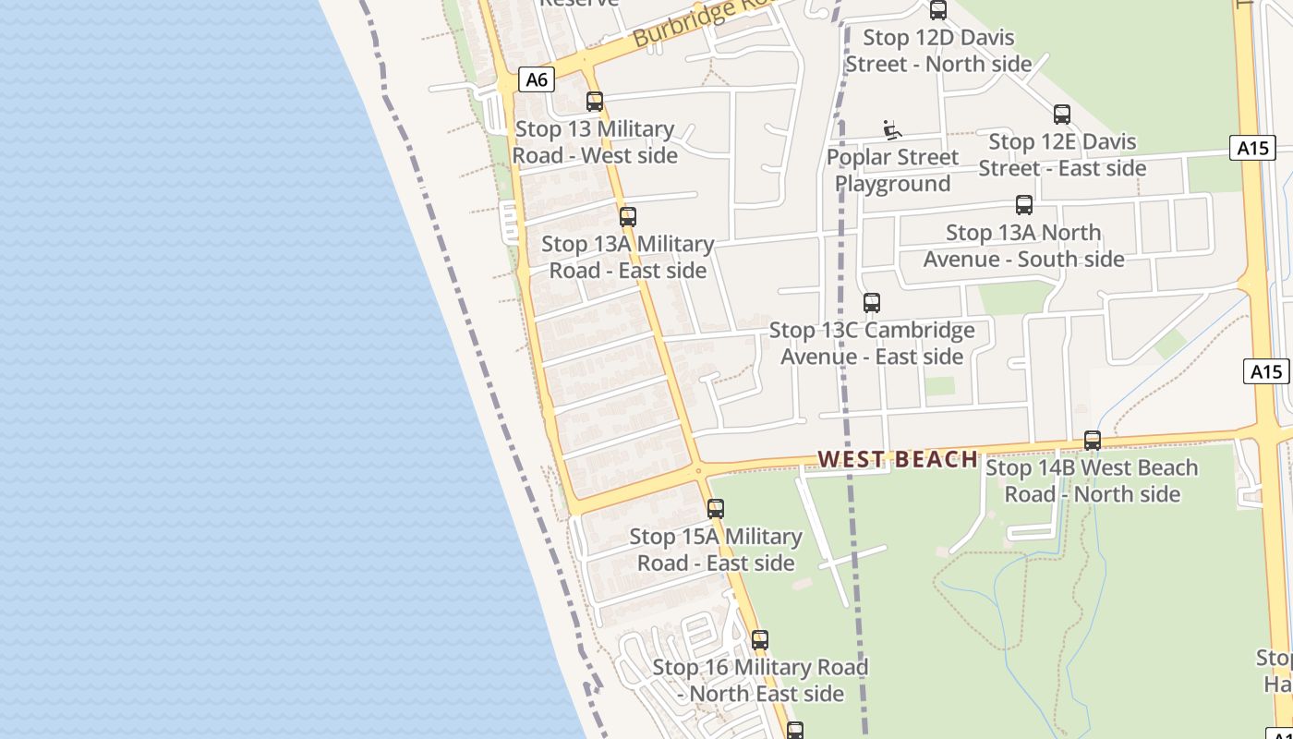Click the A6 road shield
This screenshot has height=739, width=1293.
(x=537, y=79)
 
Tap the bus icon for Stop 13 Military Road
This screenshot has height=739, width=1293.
(x=595, y=102)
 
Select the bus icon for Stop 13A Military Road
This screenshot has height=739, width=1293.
(x=628, y=217)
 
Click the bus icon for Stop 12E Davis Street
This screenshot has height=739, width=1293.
(x=1062, y=115)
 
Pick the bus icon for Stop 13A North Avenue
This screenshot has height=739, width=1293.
(x=1024, y=205)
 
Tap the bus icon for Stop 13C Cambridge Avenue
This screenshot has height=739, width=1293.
(x=871, y=302)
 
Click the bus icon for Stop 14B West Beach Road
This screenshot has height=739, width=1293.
(x=1093, y=441)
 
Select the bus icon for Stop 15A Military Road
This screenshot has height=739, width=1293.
(x=716, y=509)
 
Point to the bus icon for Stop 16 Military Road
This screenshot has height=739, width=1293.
(x=760, y=639)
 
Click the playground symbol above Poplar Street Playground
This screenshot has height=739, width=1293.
(x=891, y=130)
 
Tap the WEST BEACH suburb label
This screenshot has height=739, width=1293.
(x=898, y=459)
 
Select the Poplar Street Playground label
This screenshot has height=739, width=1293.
(x=892, y=171)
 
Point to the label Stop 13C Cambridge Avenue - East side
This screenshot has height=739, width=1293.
(x=872, y=344)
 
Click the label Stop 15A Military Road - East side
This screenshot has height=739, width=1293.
(x=716, y=550)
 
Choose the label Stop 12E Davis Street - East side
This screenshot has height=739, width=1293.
(x=1062, y=155)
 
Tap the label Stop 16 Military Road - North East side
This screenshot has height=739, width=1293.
(x=760, y=680)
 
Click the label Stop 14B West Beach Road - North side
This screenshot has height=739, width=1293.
(x=1093, y=481)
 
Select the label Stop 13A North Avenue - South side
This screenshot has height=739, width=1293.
(x=1024, y=246)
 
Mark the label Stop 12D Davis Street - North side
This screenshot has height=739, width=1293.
(x=938, y=51)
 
